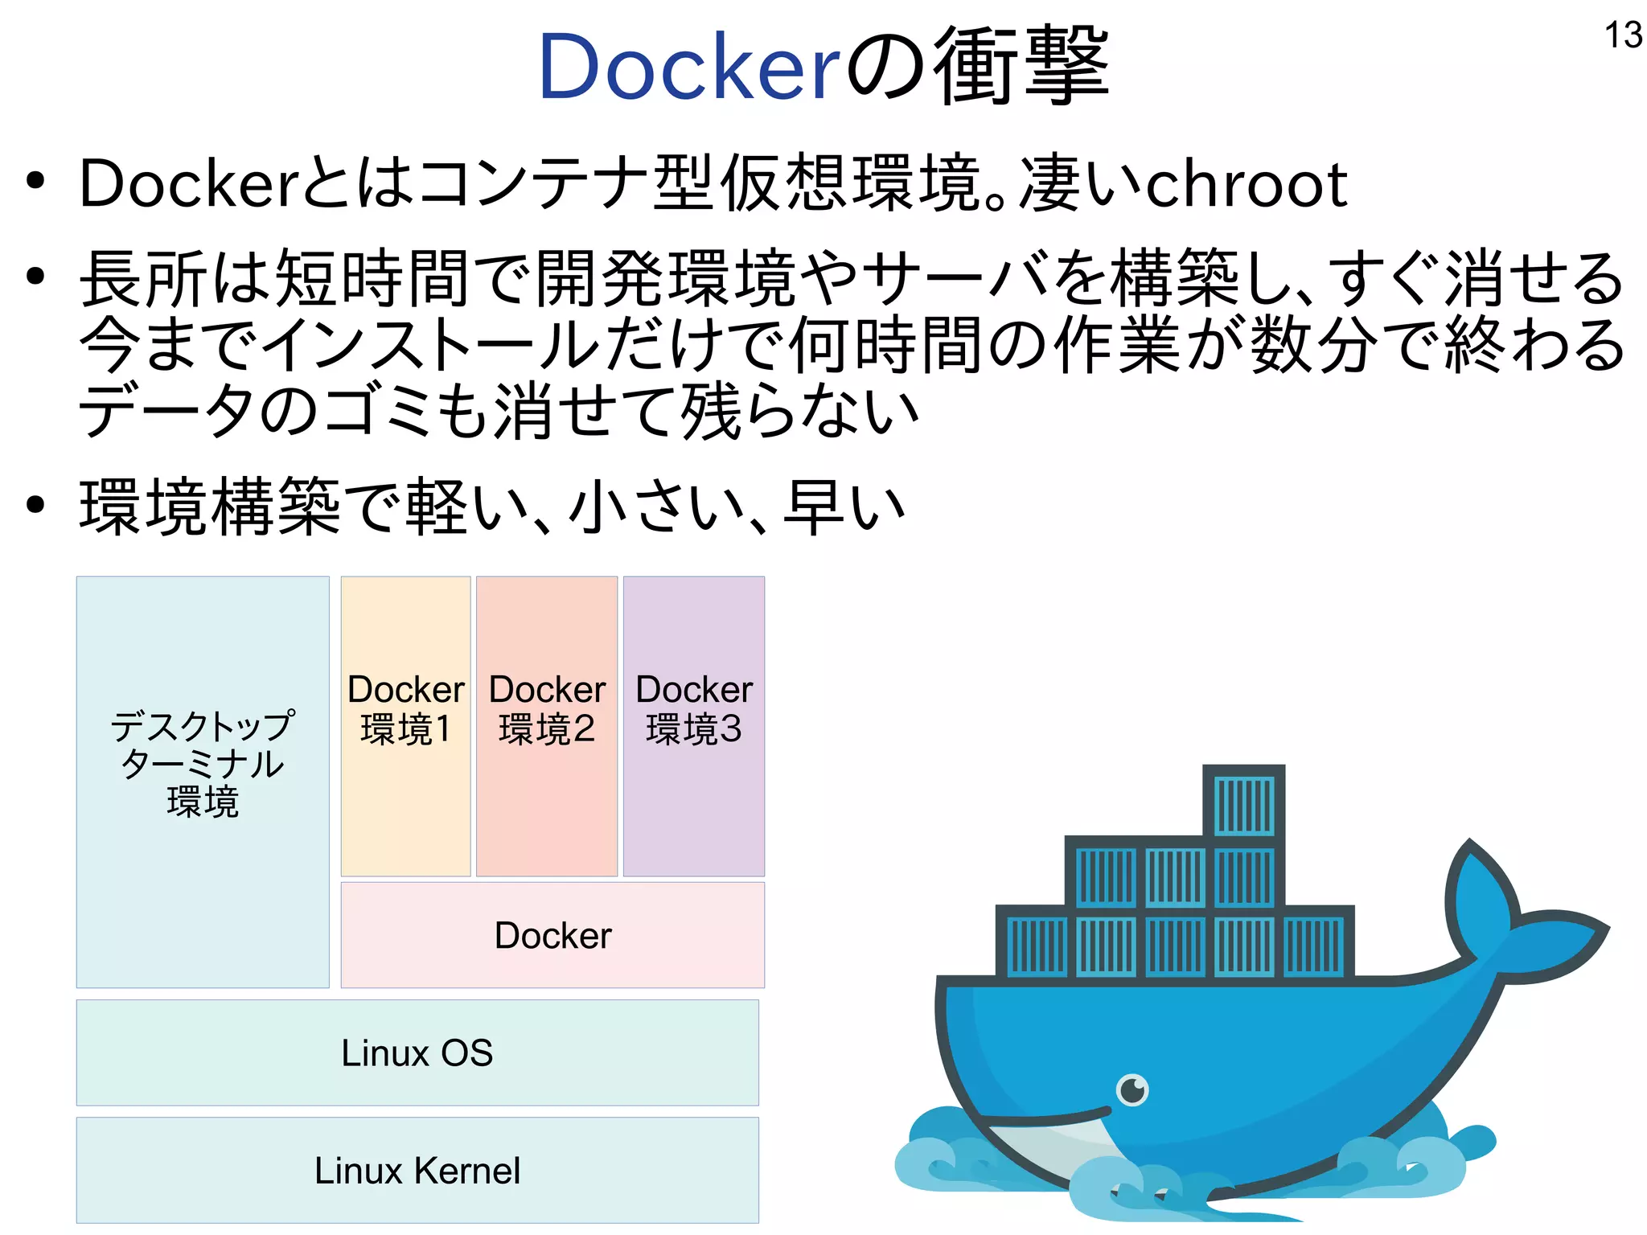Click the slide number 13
coord(1623,35)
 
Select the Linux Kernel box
coord(417,1170)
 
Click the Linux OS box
coord(417,1052)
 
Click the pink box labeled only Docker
coord(552,935)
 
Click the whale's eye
coord(1133,1090)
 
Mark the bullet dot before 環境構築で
coord(35,505)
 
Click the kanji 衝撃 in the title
coord(1021,66)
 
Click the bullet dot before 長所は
coord(35,277)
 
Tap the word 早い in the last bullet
coord(844,507)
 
